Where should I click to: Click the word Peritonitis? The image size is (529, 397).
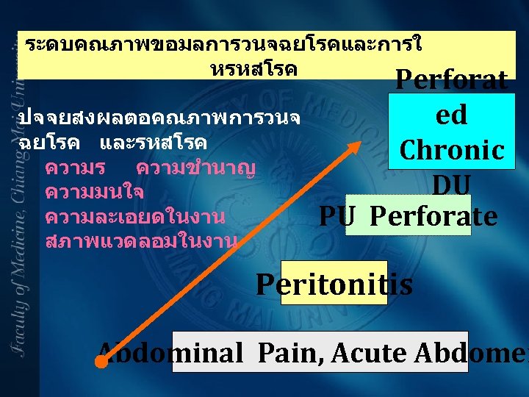[334, 284]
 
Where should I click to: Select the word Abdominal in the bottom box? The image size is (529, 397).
[170, 354]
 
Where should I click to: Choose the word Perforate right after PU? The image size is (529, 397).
[433, 217]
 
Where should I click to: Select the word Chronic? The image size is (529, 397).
[452, 150]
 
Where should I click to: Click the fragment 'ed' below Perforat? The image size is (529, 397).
[451, 115]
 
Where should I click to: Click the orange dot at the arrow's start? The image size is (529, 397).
[101, 362]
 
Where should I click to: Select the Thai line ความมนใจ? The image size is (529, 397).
[94, 193]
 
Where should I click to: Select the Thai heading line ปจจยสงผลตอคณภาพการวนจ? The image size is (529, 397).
[158, 118]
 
